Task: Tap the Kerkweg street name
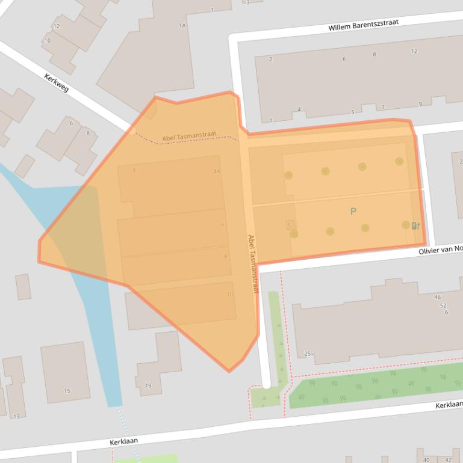57,83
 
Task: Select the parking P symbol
353,211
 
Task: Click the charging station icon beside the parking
415,226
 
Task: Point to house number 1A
182,25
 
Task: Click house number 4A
216,171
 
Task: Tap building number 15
67,391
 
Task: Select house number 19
148,385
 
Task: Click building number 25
307,354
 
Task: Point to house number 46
437,297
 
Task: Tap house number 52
443,305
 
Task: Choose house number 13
16,417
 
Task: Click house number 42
448,460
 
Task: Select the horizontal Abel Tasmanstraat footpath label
189,138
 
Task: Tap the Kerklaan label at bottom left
124,441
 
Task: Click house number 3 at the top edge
247,2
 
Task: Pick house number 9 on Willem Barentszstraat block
420,104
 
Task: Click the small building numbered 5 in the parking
290,225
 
